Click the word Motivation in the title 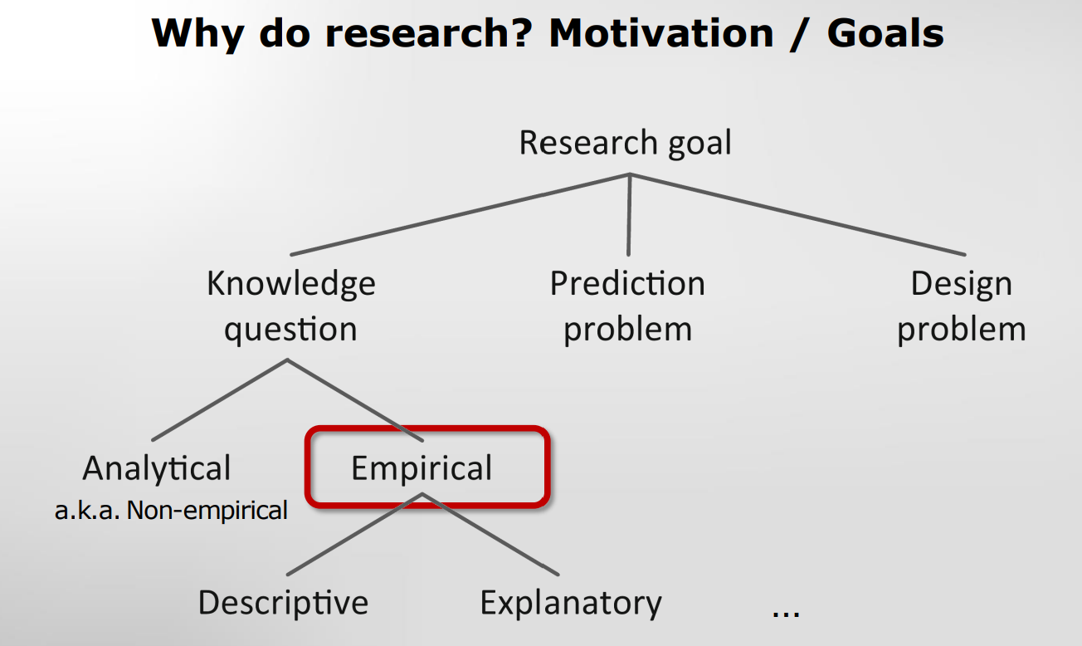[x=661, y=33]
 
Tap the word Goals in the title [x=885, y=33]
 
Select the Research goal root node [x=625, y=144]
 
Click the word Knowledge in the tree [x=291, y=284]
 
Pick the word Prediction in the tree [x=627, y=283]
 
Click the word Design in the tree [x=961, y=284]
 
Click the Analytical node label [x=157, y=468]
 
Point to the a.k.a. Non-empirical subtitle [x=171, y=510]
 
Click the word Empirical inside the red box [x=422, y=468]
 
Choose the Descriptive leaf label [x=283, y=604]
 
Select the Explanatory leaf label [x=571, y=604]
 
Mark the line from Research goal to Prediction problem [x=629, y=215]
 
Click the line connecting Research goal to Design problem [x=798, y=214]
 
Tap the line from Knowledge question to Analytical [x=220, y=400]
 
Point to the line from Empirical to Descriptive [x=354, y=534]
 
